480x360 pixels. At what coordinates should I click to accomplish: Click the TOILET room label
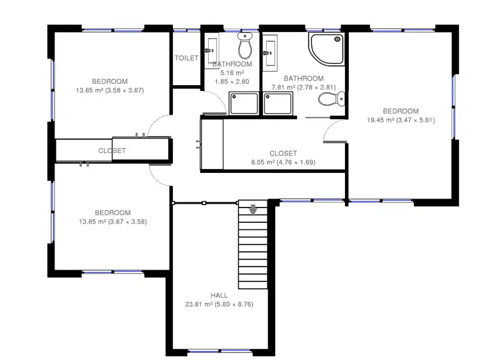coord(186,58)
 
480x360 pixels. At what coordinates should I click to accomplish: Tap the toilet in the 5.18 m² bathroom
coord(244,47)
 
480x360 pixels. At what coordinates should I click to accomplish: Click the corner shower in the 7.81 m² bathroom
coord(325,51)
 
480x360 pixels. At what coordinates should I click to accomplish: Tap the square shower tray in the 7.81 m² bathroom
coord(278,103)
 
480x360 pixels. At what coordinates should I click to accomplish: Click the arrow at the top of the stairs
coord(253,209)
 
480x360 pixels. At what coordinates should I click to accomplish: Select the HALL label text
coord(219,295)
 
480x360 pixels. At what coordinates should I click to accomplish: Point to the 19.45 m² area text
coord(401,120)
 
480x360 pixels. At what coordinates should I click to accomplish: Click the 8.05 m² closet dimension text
coord(283,162)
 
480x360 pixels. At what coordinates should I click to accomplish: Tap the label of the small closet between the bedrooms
coord(112,151)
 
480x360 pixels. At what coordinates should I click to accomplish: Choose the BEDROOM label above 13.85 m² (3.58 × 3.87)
coord(109,81)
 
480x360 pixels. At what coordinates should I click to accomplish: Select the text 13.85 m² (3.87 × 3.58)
coord(113,222)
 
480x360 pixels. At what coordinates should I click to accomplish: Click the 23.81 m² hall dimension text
coord(219,304)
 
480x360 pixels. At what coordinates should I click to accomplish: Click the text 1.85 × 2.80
coord(232,83)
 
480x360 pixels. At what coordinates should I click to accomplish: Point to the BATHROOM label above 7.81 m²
coord(303,79)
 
